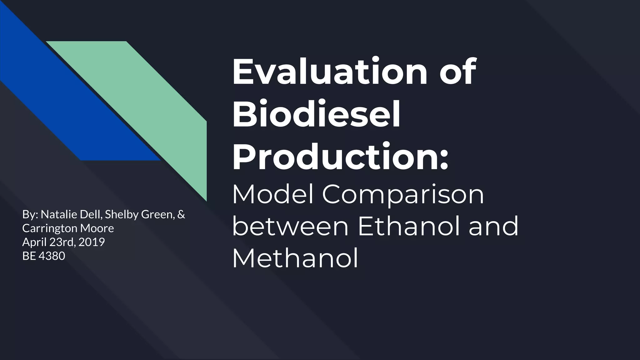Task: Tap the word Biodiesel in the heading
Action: tap(316, 114)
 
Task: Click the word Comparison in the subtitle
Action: tap(403, 194)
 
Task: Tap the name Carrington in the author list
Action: tap(50, 228)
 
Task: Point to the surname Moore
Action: tap(97, 228)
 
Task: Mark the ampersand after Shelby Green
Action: tap(181, 214)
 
